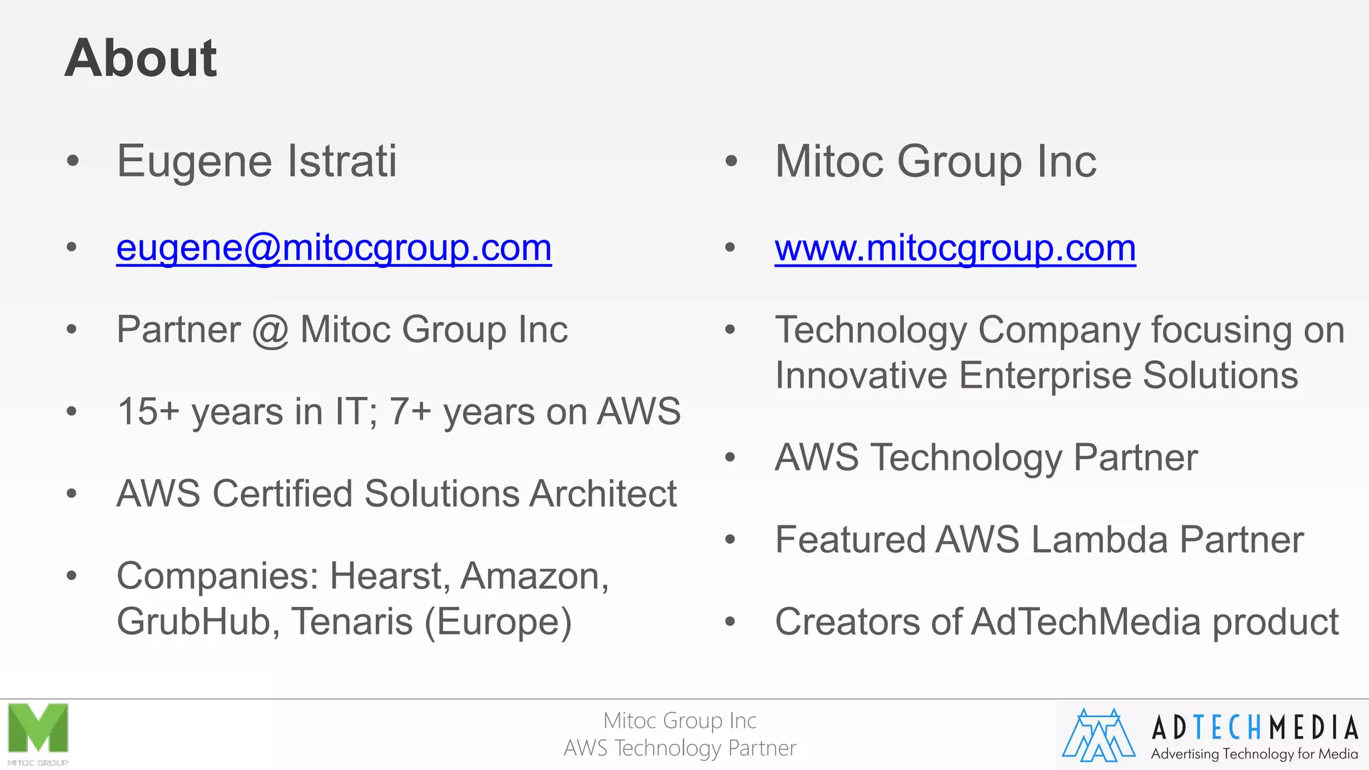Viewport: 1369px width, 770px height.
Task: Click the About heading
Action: [x=140, y=58]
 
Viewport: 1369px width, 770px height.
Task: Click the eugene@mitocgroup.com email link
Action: [x=334, y=249]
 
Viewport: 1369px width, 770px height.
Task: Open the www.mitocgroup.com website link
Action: [x=955, y=249]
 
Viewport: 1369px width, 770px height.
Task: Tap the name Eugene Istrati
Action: [x=257, y=162]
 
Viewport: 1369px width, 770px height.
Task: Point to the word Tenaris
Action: [x=352, y=622]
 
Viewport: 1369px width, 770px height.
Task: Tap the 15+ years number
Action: [x=148, y=412]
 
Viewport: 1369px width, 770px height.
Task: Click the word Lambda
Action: [x=1099, y=540]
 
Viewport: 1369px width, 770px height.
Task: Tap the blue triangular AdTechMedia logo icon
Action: [x=1099, y=735]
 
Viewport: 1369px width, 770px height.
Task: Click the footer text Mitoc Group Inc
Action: [x=680, y=721]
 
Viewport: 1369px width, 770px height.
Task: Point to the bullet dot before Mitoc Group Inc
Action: [x=731, y=162]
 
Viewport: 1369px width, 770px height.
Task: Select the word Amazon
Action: [x=533, y=576]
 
